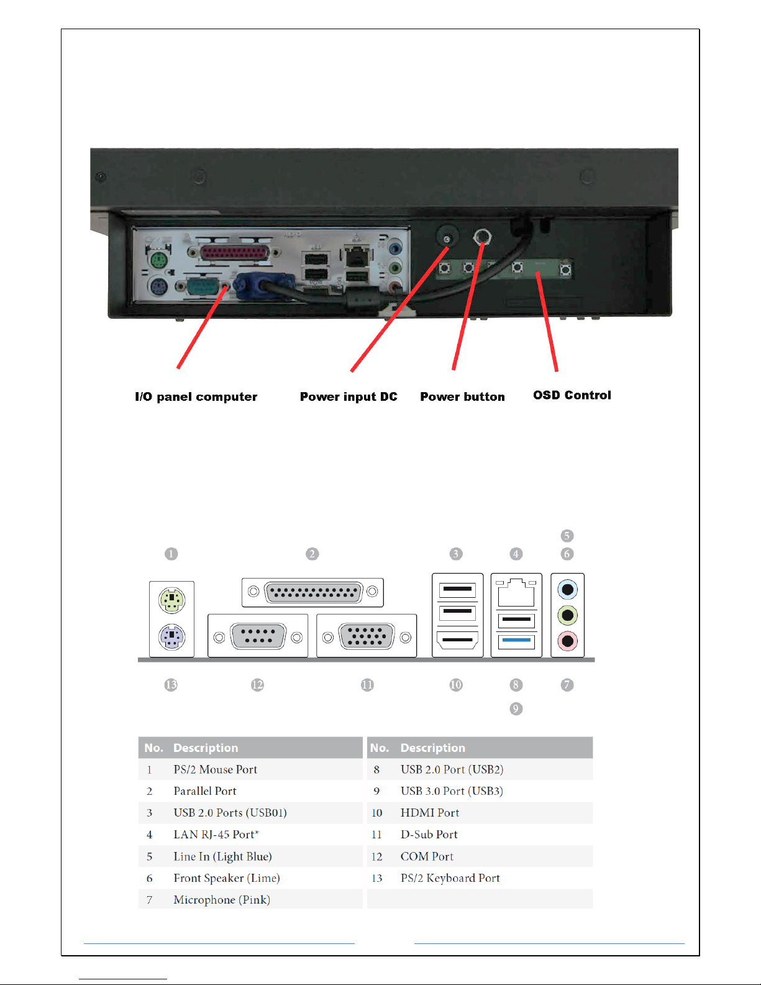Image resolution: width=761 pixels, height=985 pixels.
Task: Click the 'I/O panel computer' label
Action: click(196, 396)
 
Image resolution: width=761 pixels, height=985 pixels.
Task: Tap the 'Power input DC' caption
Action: click(349, 396)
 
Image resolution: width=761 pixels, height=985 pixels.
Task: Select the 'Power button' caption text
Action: click(462, 396)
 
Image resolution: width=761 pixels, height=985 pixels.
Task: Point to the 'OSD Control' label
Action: click(572, 395)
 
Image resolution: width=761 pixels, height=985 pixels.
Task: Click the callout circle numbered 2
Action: click(312, 554)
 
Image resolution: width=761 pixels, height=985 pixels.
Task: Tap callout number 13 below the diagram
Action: click(171, 685)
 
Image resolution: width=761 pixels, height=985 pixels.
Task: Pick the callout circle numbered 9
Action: click(516, 708)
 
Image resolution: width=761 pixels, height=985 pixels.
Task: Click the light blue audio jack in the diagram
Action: click(567, 589)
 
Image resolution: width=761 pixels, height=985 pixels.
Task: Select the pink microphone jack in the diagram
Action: click(567, 641)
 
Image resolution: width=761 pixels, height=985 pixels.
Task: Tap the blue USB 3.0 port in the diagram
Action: click(516, 640)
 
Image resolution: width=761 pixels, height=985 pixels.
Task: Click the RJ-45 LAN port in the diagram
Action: click(516, 593)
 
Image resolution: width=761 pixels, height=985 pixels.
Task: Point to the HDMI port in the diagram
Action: click(457, 639)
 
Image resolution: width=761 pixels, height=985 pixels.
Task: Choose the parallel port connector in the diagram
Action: click(312, 592)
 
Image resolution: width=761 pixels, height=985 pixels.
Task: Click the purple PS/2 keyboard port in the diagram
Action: click(172, 637)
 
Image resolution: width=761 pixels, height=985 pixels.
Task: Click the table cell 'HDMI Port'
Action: click(430, 813)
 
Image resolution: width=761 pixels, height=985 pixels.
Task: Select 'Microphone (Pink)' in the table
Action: click(222, 900)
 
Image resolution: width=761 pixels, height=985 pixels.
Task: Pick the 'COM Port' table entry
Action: click(427, 856)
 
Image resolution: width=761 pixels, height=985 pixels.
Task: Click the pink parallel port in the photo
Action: click(235, 253)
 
